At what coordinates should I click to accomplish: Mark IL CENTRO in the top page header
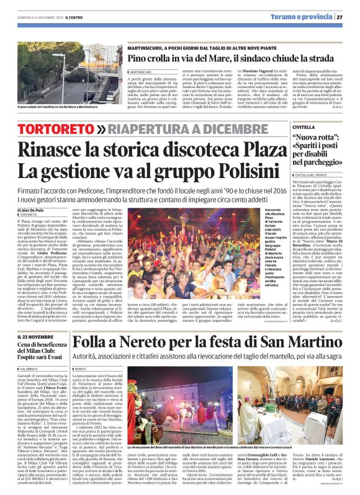65,17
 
